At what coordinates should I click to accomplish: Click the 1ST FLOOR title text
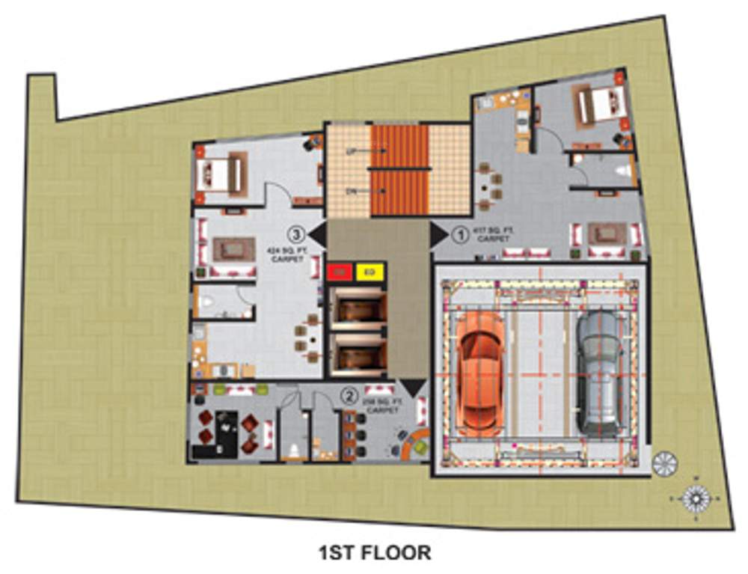375,553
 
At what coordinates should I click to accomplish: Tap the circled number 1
461,234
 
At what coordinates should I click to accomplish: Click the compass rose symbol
696,497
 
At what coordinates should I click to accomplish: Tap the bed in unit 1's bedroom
599,106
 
